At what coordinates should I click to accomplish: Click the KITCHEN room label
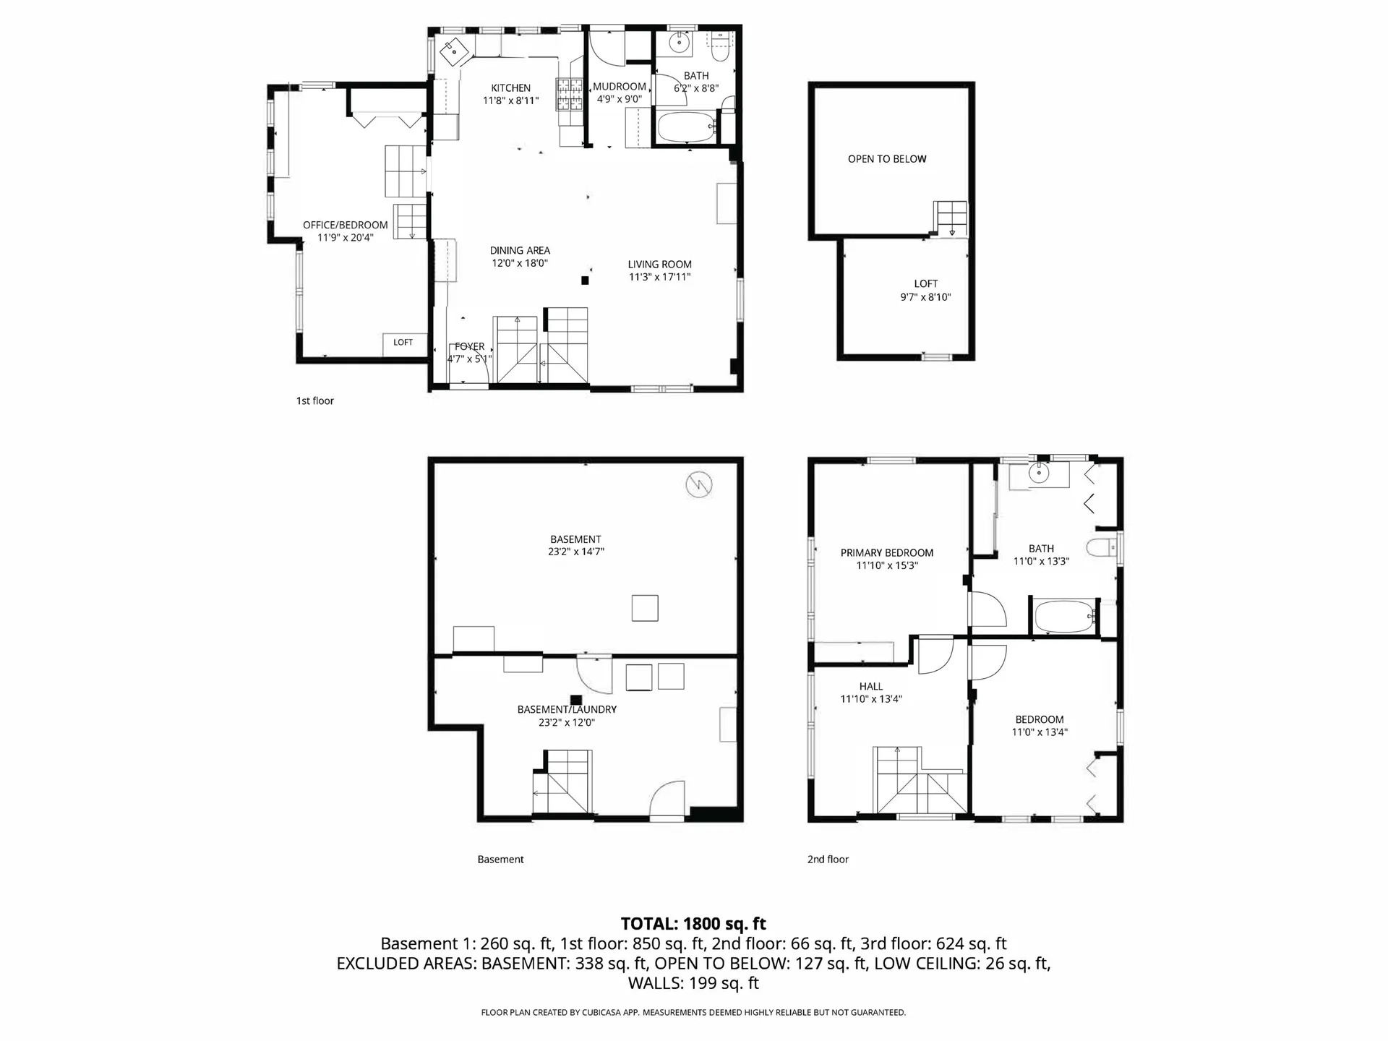(510, 88)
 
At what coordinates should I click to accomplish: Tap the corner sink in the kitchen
(453, 51)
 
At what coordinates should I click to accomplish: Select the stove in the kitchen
(569, 94)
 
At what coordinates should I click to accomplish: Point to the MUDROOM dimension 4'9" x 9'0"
(619, 99)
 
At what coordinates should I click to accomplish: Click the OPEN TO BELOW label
(886, 159)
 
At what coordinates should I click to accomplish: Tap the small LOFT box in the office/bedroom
(403, 343)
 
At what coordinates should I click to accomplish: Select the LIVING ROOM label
(659, 265)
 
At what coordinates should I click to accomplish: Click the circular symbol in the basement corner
(698, 484)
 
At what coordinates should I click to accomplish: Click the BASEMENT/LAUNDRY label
(567, 709)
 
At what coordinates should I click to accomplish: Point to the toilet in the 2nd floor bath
(1101, 548)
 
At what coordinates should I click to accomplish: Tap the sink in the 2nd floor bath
(1039, 474)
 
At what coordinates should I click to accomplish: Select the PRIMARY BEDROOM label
(886, 553)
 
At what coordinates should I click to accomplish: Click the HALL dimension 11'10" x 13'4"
(870, 699)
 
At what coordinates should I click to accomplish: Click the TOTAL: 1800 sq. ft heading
(693, 923)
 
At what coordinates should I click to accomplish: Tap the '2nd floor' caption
(828, 860)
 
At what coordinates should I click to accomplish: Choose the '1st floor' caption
(314, 401)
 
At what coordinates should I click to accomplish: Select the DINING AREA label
(519, 251)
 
